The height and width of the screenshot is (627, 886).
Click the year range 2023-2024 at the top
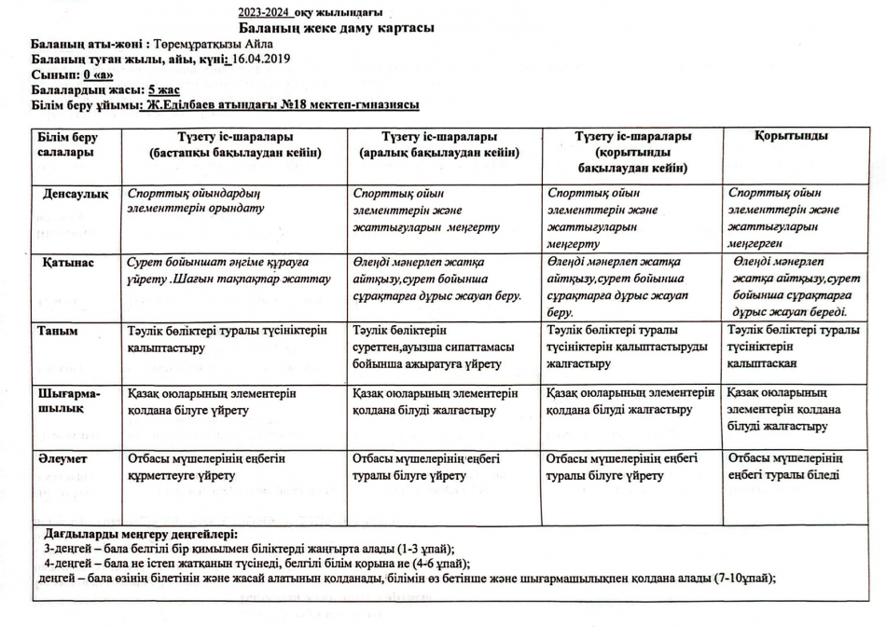264,12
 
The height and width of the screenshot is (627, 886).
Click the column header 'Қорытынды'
791,136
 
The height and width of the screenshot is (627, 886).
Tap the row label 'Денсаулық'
76,194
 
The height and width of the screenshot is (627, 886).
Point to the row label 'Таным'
57,331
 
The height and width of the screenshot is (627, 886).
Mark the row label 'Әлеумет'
62,458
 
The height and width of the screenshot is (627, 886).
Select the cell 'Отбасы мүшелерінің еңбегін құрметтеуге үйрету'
206,467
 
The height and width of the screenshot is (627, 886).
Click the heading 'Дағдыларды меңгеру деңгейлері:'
141,535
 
